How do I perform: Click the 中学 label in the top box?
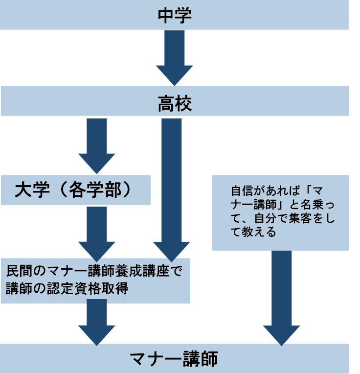[x=174, y=15]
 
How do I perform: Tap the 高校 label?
[x=174, y=103]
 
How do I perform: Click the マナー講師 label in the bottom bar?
[x=174, y=359]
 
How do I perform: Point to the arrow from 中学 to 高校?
[x=174, y=56]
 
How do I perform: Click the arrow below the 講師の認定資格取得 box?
[x=96, y=321]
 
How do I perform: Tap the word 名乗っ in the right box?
[x=319, y=204]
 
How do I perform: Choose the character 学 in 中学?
[x=183, y=15]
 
